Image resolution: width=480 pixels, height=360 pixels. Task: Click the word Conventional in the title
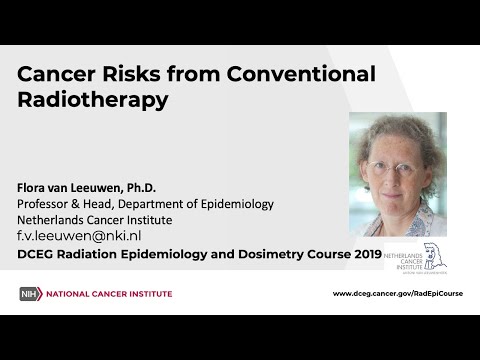click(x=301, y=74)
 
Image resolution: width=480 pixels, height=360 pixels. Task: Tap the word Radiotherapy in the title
click(x=93, y=101)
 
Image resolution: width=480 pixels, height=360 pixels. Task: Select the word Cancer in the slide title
click(x=56, y=74)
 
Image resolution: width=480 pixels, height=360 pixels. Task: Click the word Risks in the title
click(x=131, y=74)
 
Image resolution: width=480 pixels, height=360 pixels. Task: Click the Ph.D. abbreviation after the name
click(x=141, y=188)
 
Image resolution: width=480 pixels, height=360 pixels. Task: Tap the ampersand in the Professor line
click(x=75, y=204)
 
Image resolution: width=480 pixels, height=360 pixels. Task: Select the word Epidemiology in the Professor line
click(x=237, y=205)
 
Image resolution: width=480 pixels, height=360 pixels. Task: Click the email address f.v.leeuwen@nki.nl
click(x=79, y=236)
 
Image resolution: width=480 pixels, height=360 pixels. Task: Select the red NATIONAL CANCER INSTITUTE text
click(x=109, y=294)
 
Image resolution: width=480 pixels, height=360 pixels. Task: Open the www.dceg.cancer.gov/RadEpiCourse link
click(x=398, y=294)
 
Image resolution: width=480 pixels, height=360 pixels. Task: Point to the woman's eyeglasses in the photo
click(x=395, y=169)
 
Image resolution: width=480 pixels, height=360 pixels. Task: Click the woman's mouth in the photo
click(x=393, y=195)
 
